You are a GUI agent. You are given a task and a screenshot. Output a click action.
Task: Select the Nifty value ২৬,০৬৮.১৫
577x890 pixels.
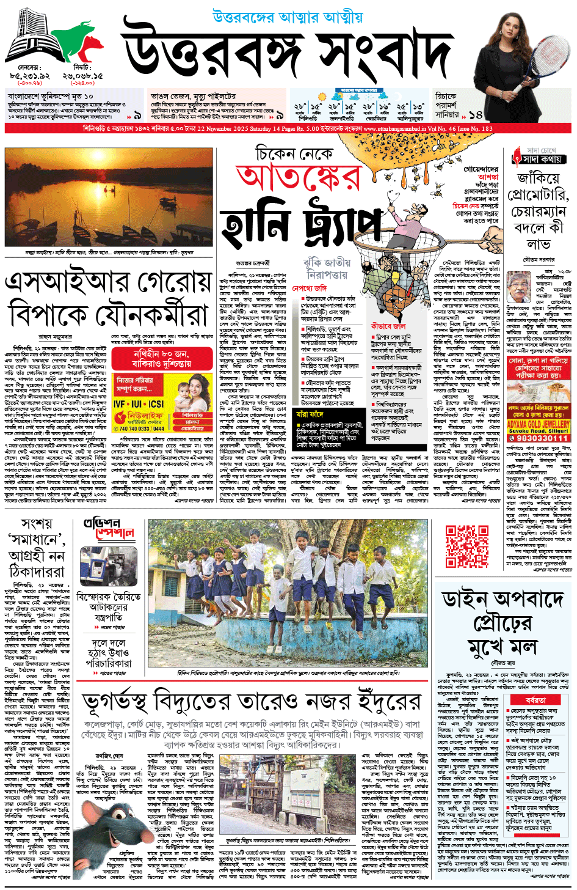click(82, 75)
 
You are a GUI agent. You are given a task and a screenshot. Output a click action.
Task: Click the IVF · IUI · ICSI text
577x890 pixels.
click(138, 403)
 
